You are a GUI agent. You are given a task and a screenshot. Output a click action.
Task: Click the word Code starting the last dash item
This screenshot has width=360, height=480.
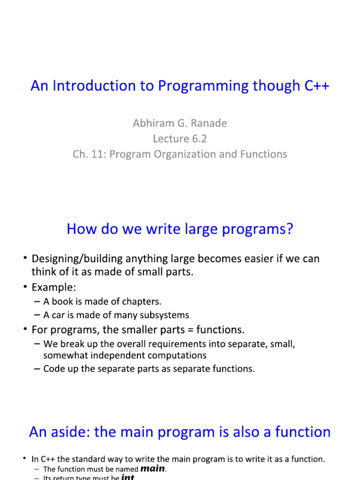click(x=53, y=369)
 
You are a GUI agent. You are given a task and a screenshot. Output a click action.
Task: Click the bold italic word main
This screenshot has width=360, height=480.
click(x=153, y=468)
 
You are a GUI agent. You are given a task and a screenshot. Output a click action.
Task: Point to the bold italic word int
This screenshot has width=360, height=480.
click(x=128, y=477)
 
